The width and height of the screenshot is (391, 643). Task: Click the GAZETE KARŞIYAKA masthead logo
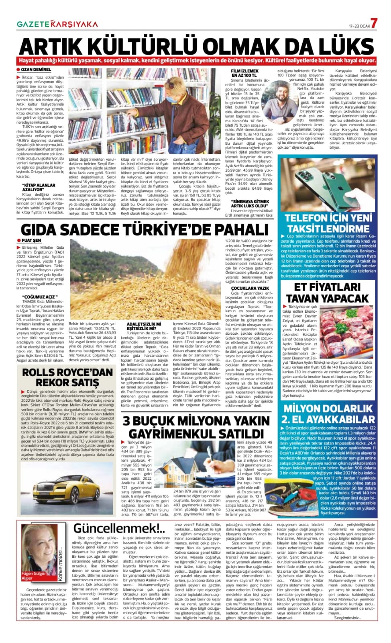pyautogui.click(x=57, y=24)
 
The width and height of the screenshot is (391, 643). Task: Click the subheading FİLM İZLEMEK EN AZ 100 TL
pyautogui.click(x=244, y=73)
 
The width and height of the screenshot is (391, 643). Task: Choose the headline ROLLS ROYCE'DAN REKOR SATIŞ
pyautogui.click(x=67, y=377)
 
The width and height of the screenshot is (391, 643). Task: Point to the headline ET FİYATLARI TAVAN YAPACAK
pyautogui.click(x=327, y=293)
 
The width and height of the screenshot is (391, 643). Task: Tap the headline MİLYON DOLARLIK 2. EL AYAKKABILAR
pyautogui.click(x=328, y=414)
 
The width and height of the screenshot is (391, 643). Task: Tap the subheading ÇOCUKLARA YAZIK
pyautogui.click(x=250, y=288)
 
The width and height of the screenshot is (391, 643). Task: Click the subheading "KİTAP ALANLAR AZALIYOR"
pyautogui.click(x=39, y=187)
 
